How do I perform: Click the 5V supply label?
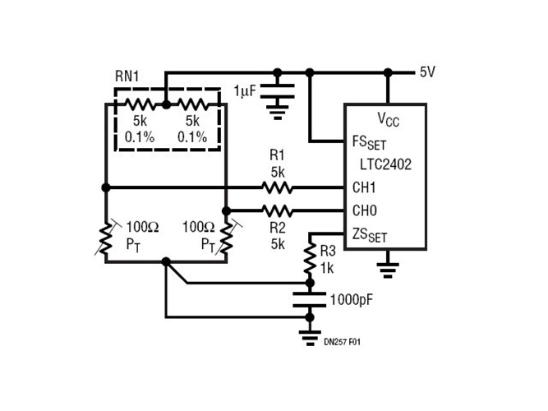[x=427, y=72]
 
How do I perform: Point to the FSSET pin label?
[x=369, y=141]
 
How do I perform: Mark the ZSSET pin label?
[x=369, y=235]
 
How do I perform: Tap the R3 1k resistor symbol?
[x=311, y=258]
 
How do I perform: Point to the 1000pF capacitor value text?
[x=352, y=299]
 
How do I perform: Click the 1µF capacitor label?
[x=247, y=89]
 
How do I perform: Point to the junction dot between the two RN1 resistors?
[x=165, y=105]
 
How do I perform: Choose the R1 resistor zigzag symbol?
[x=276, y=187]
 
